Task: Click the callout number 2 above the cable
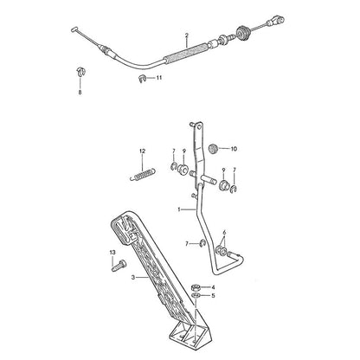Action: [x=187, y=35]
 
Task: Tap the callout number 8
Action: [x=80, y=93]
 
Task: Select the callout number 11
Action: [x=159, y=78]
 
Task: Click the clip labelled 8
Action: [x=80, y=71]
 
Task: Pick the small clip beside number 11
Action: [x=141, y=79]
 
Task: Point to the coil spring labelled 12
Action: [x=143, y=175]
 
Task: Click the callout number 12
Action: [x=142, y=151]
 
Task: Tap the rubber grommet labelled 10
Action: [x=213, y=149]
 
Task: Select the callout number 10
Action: [x=234, y=149]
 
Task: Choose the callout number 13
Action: [x=112, y=253]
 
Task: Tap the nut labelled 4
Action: [x=196, y=287]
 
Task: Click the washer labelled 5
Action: [x=196, y=295]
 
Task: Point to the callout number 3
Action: [x=132, y=278]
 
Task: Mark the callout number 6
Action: [x=224, y=233]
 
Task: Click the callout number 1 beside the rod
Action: [x=179, y=209]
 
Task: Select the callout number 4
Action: [x=213, y=287]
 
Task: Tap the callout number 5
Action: [x=213, y=296]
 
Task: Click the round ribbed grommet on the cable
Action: [x=243, y=32]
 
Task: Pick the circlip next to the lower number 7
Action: [x=202, y=244]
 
